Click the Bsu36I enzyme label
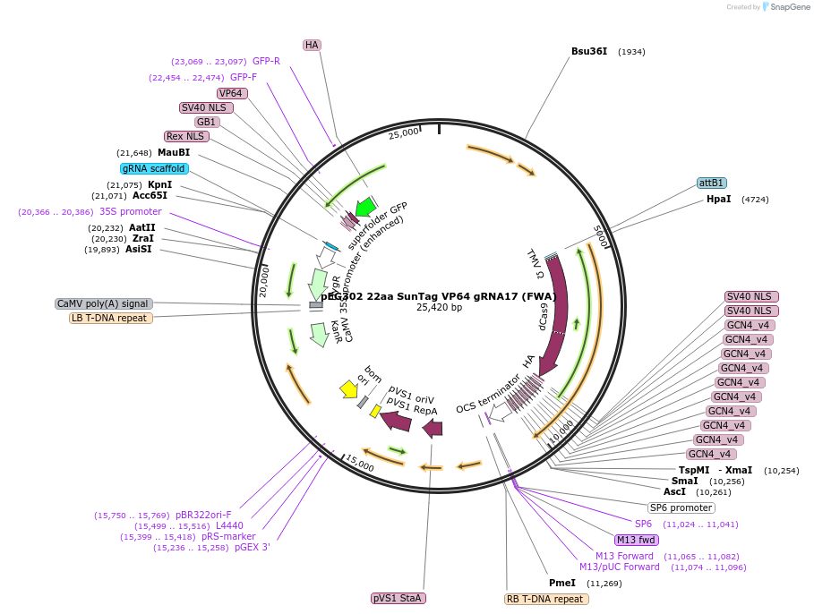click(x=589, y=51)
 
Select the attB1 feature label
click(x=712, y=183)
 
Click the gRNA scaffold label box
click(x=154, y=168)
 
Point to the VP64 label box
click(x=231, y=93)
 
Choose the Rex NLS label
click(x=185, y=137)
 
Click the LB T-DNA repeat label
click(x=111, y=318)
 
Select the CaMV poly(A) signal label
click(x=104, y=303)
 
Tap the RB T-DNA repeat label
click(x=545, y=599)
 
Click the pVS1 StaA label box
click(x=398, y=598)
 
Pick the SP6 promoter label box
click(x=681, y=507)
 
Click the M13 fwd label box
click(x=636, y=540)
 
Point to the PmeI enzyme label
click(x=562, y=584)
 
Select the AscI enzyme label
click(x=674, y=492)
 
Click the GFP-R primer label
click(x=266, y=62)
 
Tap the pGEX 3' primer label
click(x=252, y=548)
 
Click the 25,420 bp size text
click(x=439, y=308)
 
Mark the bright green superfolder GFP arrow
click(x=365, y=207)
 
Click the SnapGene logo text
click(x=791, y=7)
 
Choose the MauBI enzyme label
click(x=173, y=152)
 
